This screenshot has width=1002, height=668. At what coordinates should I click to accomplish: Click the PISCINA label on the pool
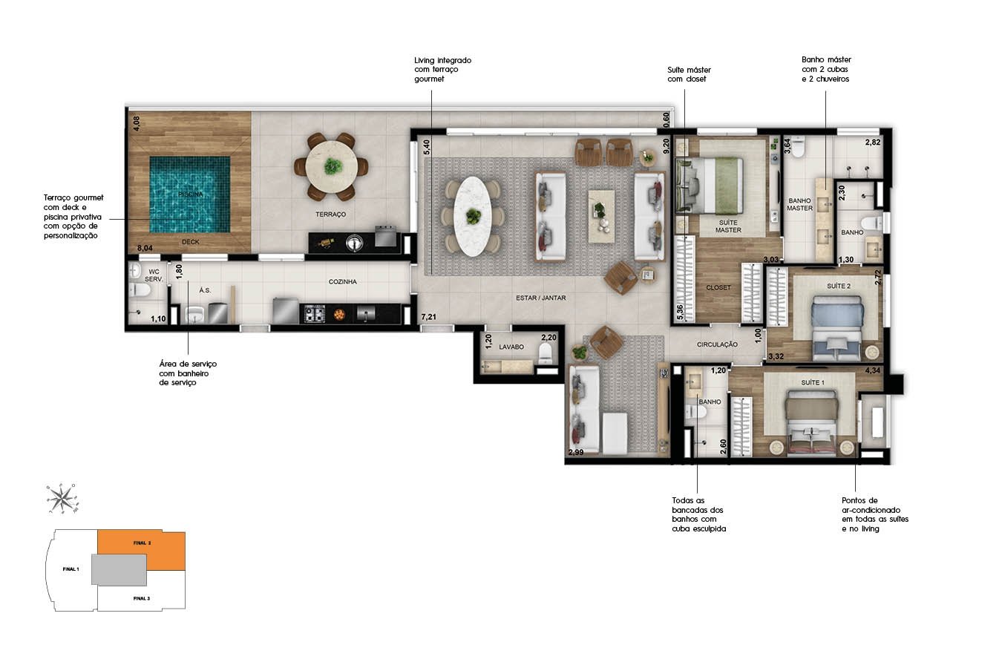[x=191, y=194]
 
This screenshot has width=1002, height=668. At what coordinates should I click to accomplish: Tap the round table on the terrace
[x=331, y=166]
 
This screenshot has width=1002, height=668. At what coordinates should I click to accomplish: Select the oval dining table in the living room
[x=472, y=217]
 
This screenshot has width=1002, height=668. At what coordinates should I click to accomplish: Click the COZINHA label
[x=343, y=281]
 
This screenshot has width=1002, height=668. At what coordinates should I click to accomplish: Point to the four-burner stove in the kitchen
[x=315, y=313]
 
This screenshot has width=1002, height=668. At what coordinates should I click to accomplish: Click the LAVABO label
[x=511, y=347]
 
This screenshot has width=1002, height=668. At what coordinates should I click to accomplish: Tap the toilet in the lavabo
[x=546, y=353]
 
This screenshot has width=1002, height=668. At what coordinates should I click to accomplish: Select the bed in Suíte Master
[x=709, y=186]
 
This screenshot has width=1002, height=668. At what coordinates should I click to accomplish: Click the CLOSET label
[x=718, y=288]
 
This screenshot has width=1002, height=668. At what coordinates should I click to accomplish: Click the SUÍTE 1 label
[x=813, y=382]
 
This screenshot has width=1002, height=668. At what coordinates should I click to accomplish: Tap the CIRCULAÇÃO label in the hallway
[x=717, y=344]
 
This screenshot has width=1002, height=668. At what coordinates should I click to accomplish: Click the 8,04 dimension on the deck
[x=145, y=248]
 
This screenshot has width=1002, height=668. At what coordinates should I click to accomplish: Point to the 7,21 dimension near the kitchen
[x=428, y=317]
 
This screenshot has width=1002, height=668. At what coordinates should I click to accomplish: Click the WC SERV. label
[x=154, y=275]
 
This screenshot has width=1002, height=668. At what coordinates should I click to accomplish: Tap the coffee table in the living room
[x=601, y=217]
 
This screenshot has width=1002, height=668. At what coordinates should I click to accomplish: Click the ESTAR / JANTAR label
[x=541, y=298]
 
